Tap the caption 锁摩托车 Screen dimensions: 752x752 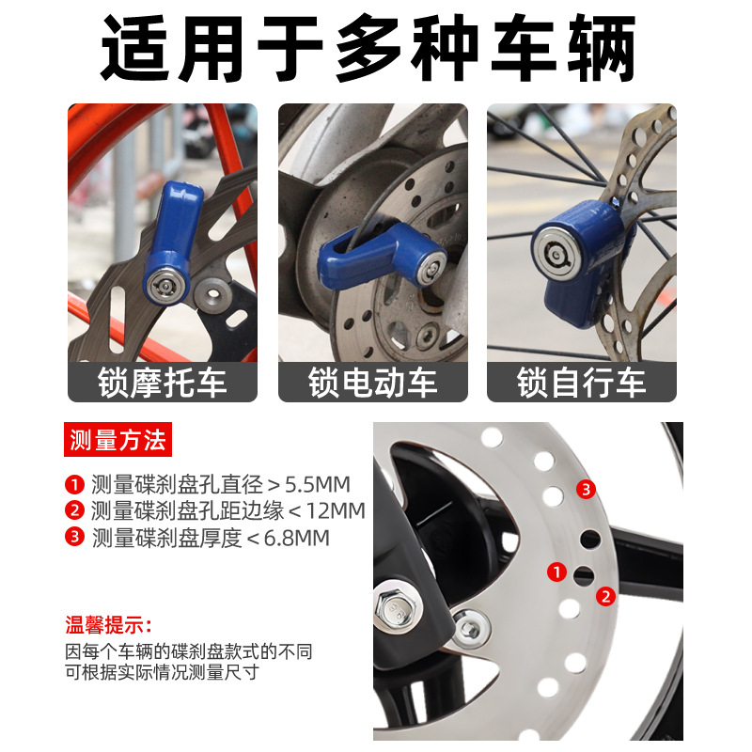click(162, 384)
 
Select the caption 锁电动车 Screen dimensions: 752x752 click(372, 384)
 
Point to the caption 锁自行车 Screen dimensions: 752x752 click(581, 384)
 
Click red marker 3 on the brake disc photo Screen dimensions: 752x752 click(586, 489)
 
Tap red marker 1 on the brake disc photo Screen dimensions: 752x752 click(556, 571)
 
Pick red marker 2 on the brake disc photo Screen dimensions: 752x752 click(606, 595)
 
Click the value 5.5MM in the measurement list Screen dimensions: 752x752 click(317, 485)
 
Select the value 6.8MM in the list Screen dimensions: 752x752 click(296, 538)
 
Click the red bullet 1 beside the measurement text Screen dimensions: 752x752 click(74, 485)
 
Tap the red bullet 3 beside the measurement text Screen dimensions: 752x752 click(74, 538)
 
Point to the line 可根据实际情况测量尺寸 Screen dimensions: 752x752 click(162, 672)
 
